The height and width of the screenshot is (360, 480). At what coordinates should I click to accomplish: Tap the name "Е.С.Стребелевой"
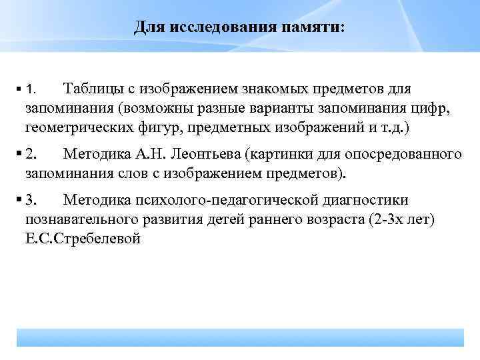point(83,238)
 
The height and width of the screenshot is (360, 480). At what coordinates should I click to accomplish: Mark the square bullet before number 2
point(19,155)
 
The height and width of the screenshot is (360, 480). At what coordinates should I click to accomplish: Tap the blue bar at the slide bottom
point(240,337)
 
